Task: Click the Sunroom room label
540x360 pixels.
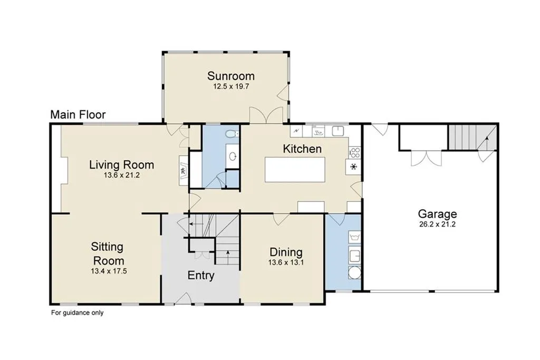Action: [x=231, y=76]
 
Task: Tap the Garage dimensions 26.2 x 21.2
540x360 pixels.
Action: [x=437, y=225]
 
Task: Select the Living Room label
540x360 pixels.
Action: [x=122, y=164]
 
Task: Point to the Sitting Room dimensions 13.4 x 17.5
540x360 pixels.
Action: [x=109, y=271]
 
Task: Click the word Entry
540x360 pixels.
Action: [x=201, y=275]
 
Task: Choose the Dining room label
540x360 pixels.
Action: [x=286, y=252]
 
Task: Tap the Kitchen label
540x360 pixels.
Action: [x=302, y=149]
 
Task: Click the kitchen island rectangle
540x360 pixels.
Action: [x=295, y=170]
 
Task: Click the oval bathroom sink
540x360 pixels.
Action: [x=233, y=157]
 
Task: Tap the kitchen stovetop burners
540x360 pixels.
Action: [x=354, y=153]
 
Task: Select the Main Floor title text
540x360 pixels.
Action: [x=78, y=114]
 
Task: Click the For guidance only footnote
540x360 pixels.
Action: [x=78, y=313]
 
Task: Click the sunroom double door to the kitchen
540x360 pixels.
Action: [x=266, y=115]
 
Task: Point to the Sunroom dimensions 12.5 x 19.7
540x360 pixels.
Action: [x=231, y=86]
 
